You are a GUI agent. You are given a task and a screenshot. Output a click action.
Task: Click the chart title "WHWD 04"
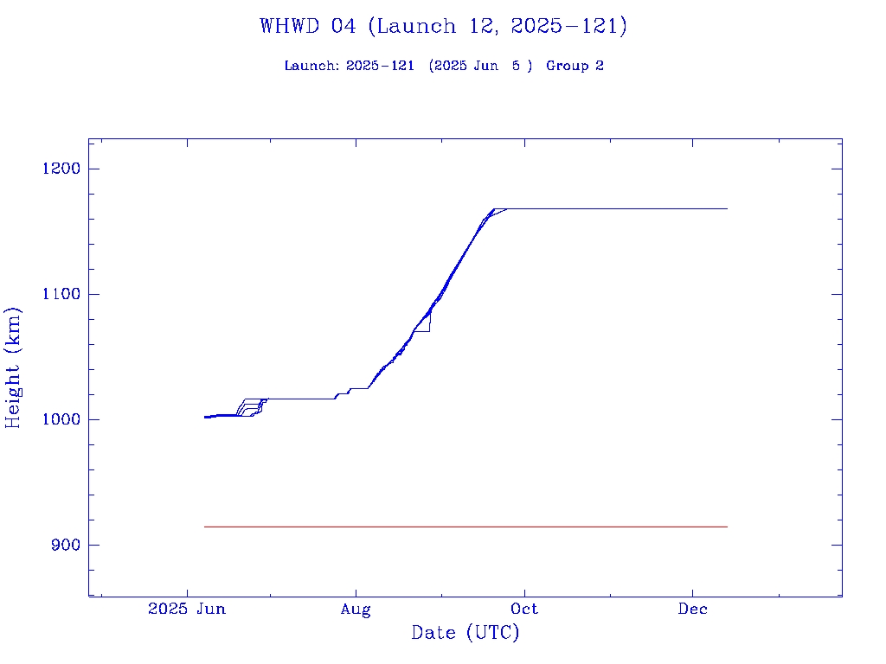pyautogui.click(x=307, y=26)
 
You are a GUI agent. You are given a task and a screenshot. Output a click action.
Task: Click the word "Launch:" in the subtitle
pyautogui.click(x=312, y=66)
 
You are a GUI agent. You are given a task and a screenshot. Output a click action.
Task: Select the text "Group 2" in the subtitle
pyautogui.click(x=575, y=66)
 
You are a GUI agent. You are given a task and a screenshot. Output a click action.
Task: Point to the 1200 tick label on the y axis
pyautogui.click(x=61, y=169)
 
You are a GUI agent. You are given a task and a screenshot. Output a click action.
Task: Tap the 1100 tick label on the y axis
pyautogui.click(x=61, y=294)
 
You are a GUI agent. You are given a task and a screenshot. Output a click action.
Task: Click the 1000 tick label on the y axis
pyautogui.click(x=61, y=419)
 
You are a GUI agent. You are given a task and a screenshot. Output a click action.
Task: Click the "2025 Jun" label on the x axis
pyautogui.click(x=187, y=609)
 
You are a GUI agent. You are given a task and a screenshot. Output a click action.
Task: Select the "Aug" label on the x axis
pyautogui.click(x=356, y=609)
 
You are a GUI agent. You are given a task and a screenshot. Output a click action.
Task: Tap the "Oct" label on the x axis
pyautogui.click(x=524, y=609)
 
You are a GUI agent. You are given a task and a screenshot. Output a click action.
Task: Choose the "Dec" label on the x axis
pyautogui.click(x=693, y=609)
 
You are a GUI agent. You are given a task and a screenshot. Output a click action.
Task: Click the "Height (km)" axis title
pyautogui.click(x=13, y=367)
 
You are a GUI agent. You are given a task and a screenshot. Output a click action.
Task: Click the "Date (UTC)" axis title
pyautogui.click(x=465, y=633)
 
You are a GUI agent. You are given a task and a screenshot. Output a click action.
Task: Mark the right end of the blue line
pyautogui.click(x=727, y=208)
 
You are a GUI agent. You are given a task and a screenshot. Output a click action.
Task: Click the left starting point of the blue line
pyautogui.click(x=205, y=417)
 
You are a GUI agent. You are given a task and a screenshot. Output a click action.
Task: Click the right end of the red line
pyautogui.click(x=727, y=527)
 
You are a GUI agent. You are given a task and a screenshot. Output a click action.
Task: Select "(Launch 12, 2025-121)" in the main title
pyautogui.click(x=498, y=26)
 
